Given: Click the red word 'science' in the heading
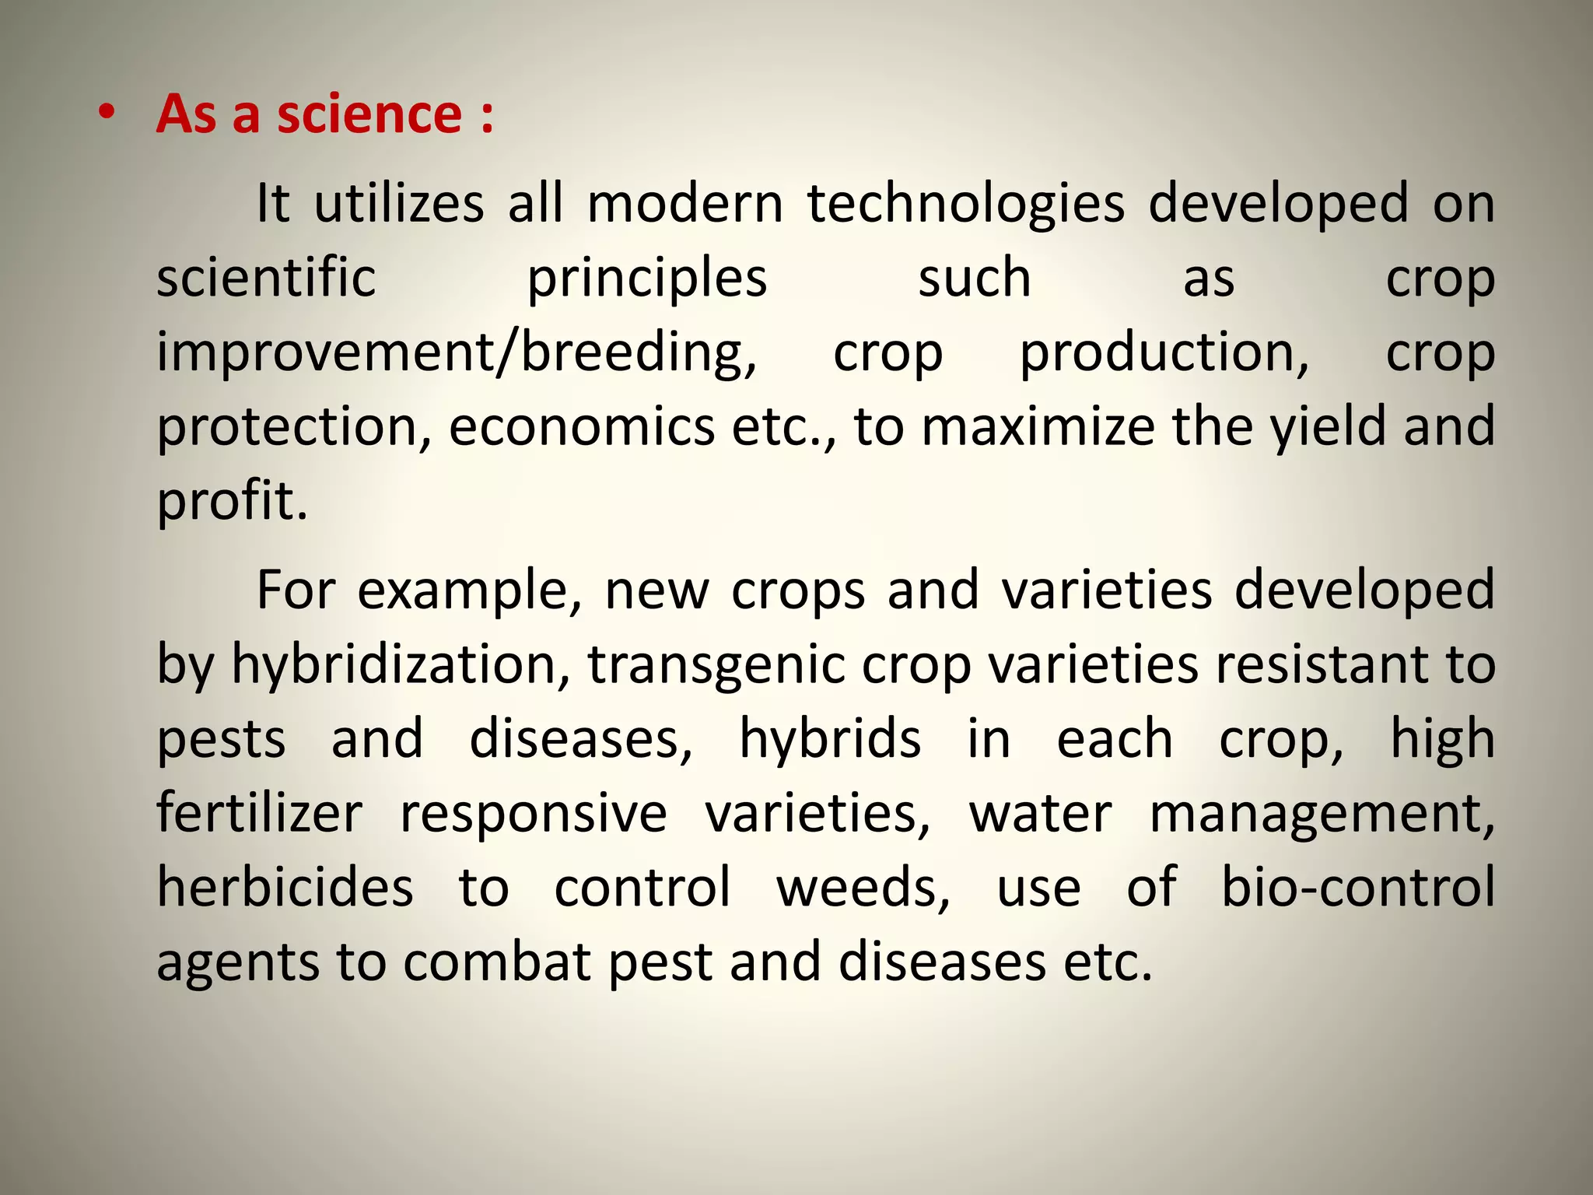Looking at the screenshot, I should pos(369,114).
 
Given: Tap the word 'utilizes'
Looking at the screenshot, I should pos(399,204).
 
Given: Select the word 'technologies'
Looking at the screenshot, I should pos(965,204).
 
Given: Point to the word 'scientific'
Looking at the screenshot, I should pos(266,278).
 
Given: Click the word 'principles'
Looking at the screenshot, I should pos(647,279).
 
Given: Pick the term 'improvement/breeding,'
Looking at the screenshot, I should pos(457,353).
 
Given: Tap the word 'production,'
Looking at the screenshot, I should pos(1164,353).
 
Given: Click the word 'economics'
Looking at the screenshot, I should pos(581,427).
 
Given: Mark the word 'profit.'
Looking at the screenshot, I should pos(233,502).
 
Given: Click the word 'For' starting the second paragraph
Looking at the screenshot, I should pos(296,590).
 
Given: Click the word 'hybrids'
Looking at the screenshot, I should pos(829,738).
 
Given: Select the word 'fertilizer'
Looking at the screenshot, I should pos(259,813).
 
